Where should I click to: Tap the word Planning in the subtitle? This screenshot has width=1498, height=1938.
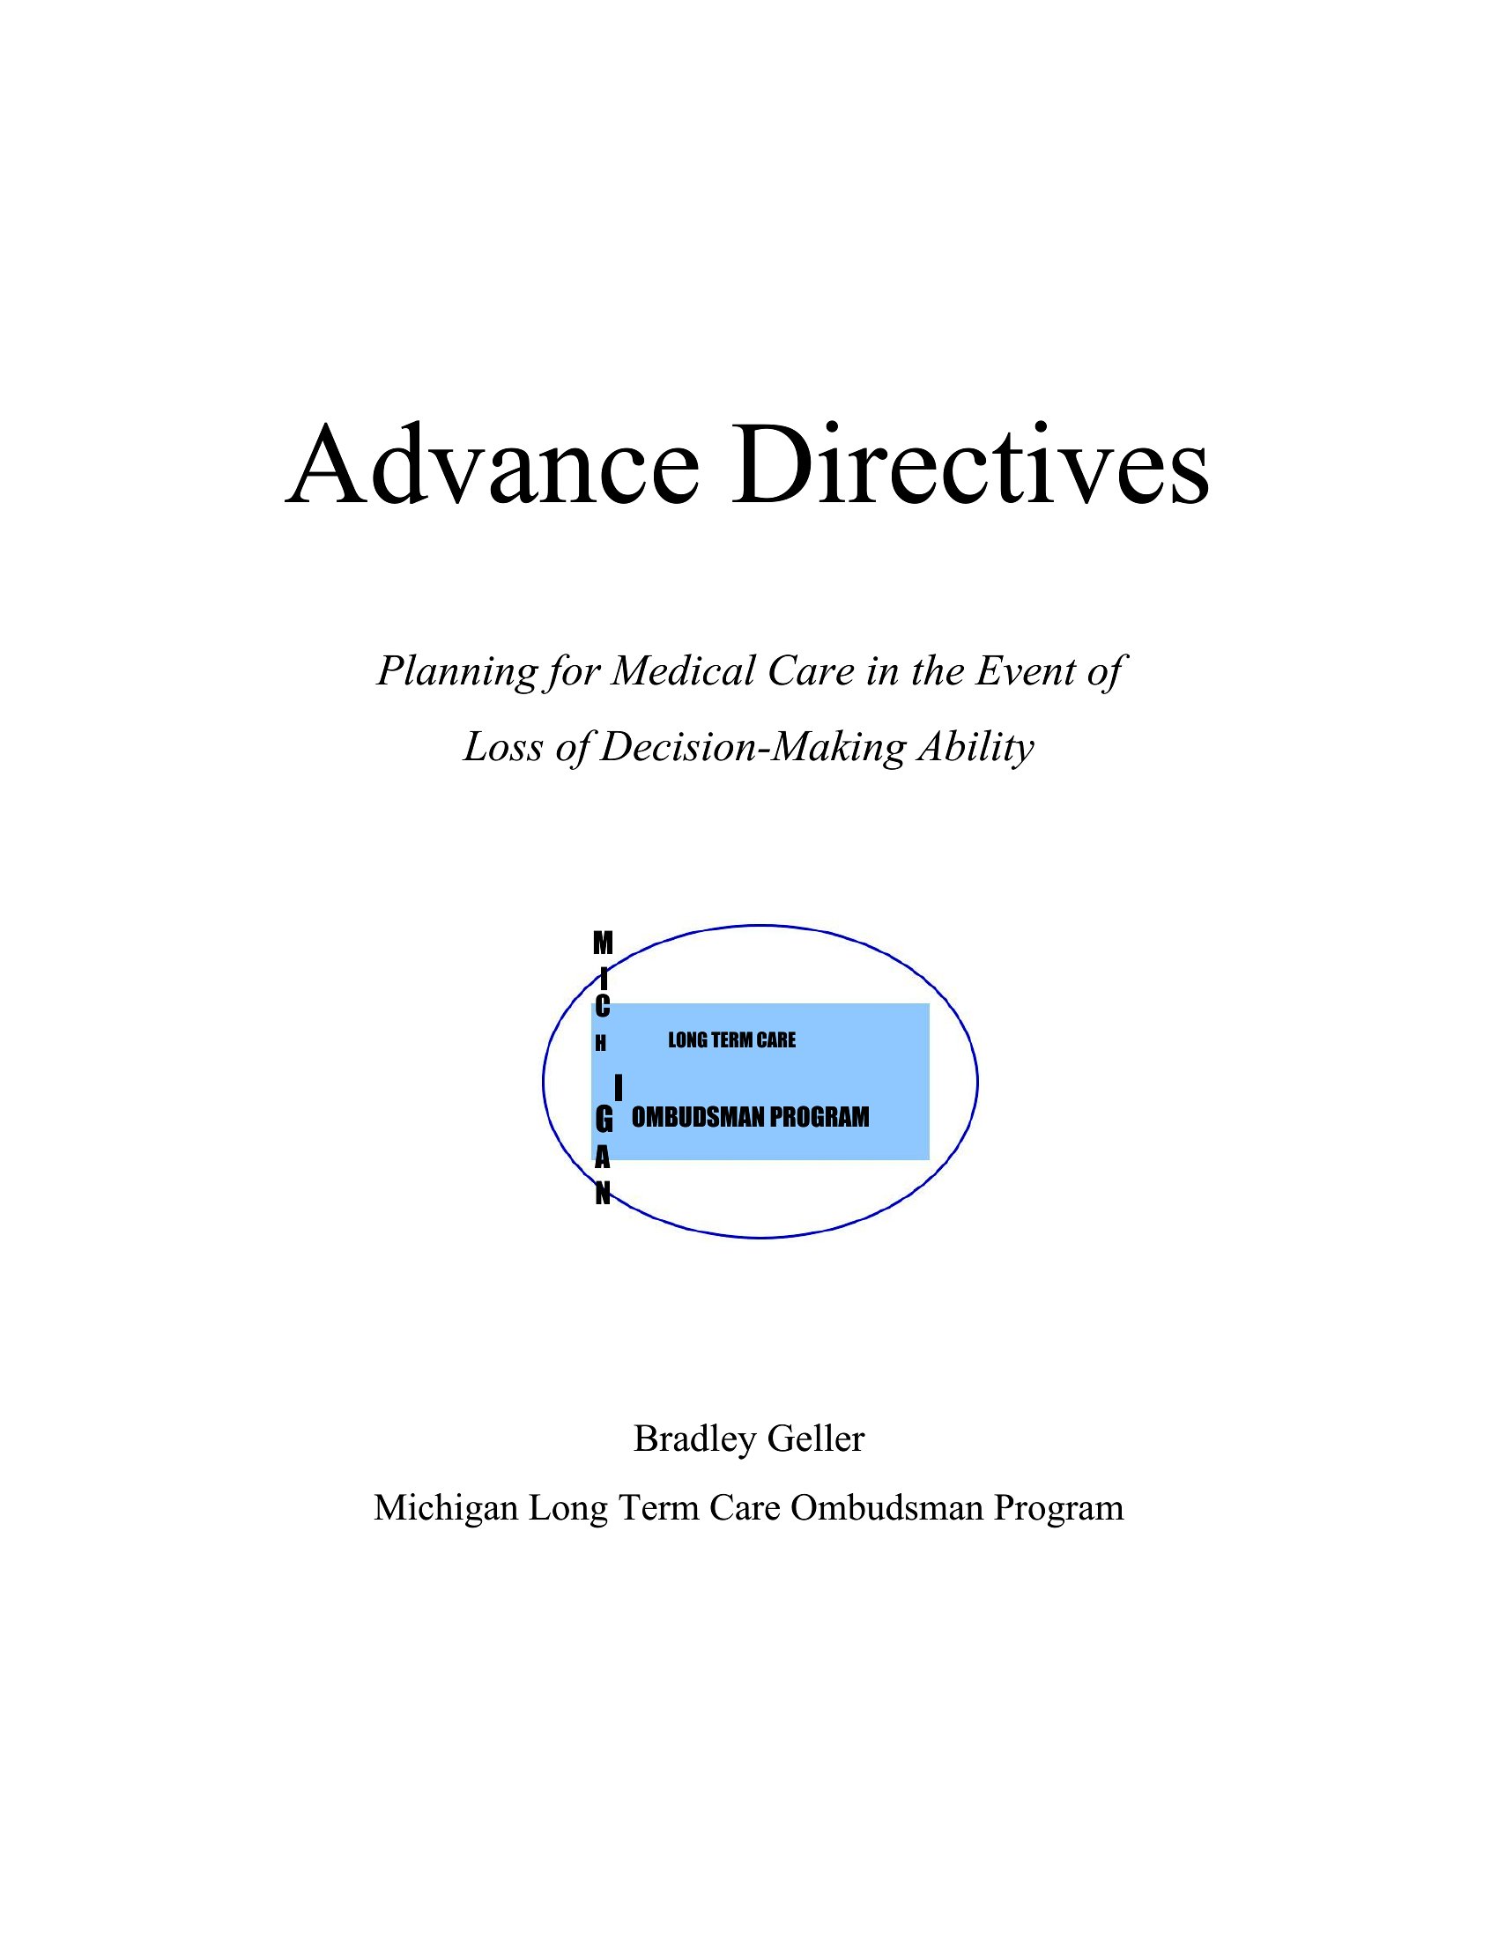tap(457, 672)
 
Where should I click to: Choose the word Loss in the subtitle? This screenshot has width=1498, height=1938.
tap(502, 746)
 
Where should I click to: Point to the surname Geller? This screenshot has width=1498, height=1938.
tap(816, 1439)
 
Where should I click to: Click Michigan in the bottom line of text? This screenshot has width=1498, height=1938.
tap(446, 1508)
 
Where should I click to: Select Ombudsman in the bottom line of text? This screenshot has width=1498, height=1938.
tap(886, 1508)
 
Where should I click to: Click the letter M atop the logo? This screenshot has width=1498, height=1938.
tap(603, 943)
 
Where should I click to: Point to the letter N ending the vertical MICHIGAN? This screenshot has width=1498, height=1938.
tap(603, 1195)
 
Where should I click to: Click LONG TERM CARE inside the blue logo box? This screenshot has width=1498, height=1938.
tap(732, 1040)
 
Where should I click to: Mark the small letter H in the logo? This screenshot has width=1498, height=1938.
tap(601, 1045)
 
